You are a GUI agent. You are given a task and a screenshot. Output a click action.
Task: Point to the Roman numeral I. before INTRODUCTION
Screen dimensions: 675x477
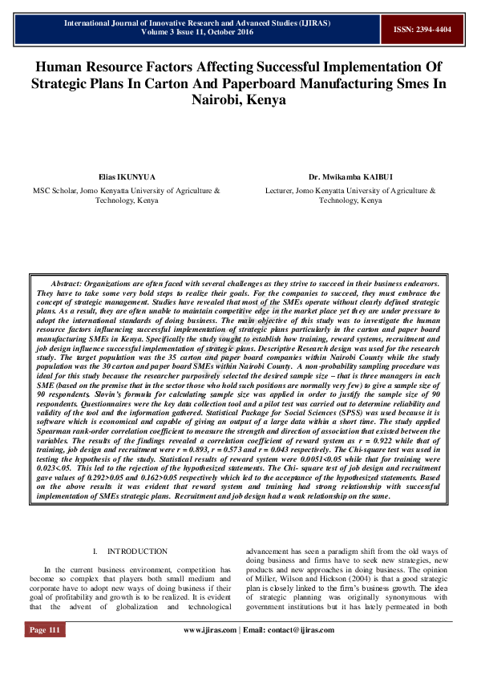coord(95,552)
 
